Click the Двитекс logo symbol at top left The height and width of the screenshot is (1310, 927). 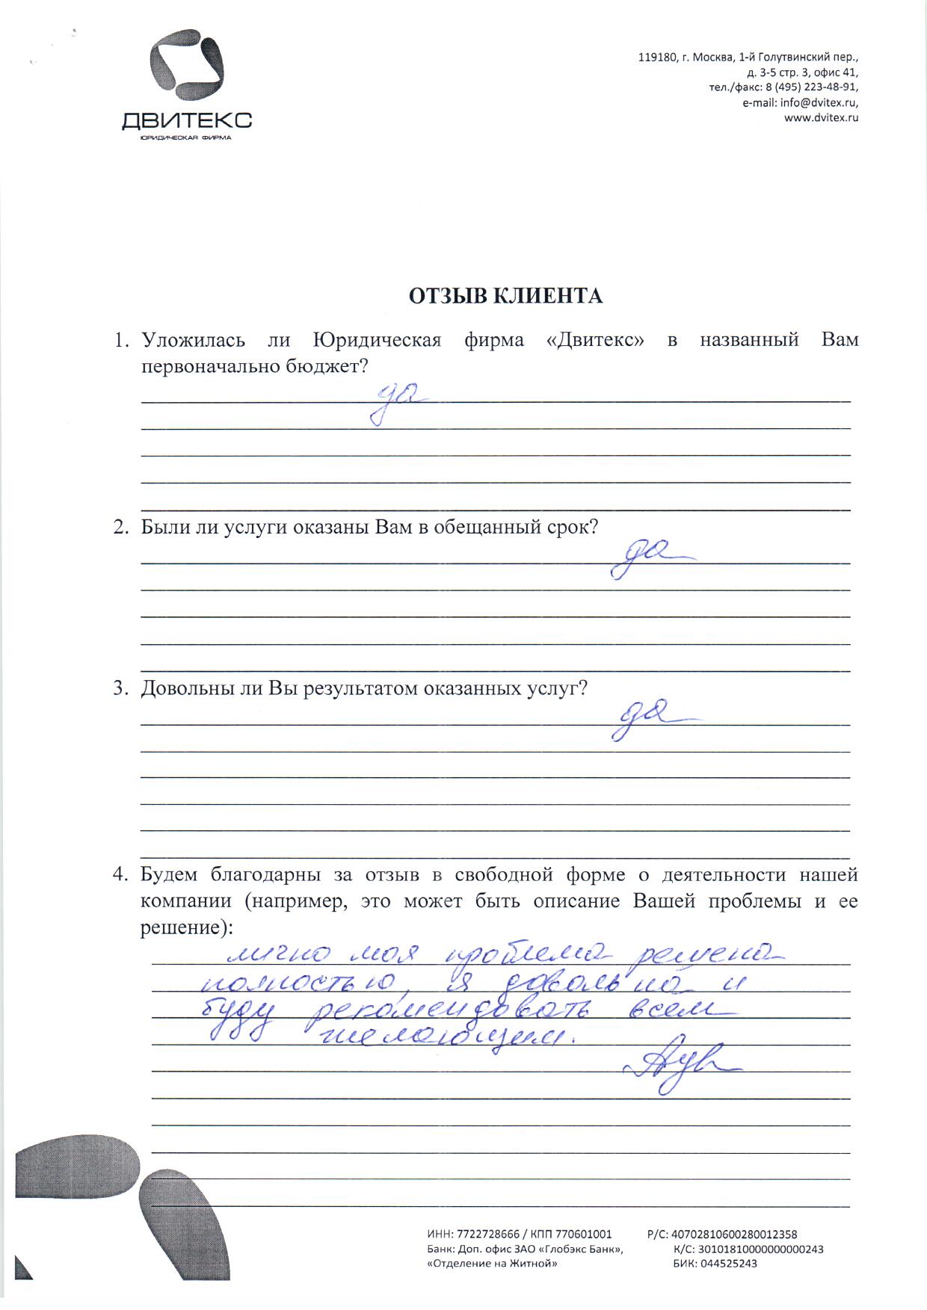click(x=187, y=67)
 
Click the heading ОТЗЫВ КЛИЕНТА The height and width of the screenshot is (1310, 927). click(x=505, y=297)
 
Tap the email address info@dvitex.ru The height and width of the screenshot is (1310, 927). click(x=819, y=103)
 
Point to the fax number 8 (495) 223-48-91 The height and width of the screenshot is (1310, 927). click(x=810, y=88)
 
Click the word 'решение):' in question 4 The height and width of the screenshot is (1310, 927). click(x=187, y=927)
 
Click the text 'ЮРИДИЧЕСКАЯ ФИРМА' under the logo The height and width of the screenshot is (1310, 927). click(x=186, y=138)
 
